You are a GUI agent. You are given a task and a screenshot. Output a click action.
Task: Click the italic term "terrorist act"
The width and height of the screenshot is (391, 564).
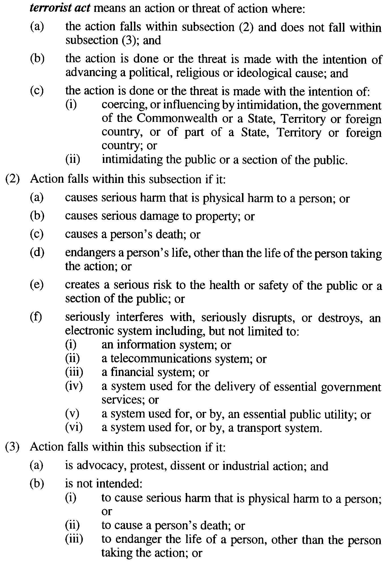[x=60, y=8]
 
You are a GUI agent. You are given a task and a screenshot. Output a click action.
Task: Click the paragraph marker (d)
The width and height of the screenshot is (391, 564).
[x=37, y=253]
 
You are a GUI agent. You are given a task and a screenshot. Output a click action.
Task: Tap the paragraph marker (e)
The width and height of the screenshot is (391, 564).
[x=37, y=285]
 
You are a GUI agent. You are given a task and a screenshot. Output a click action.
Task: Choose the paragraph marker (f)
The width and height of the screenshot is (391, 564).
[x=36, y=317]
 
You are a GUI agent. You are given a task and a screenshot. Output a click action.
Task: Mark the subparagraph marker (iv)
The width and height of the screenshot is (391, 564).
[x=74, y=386]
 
